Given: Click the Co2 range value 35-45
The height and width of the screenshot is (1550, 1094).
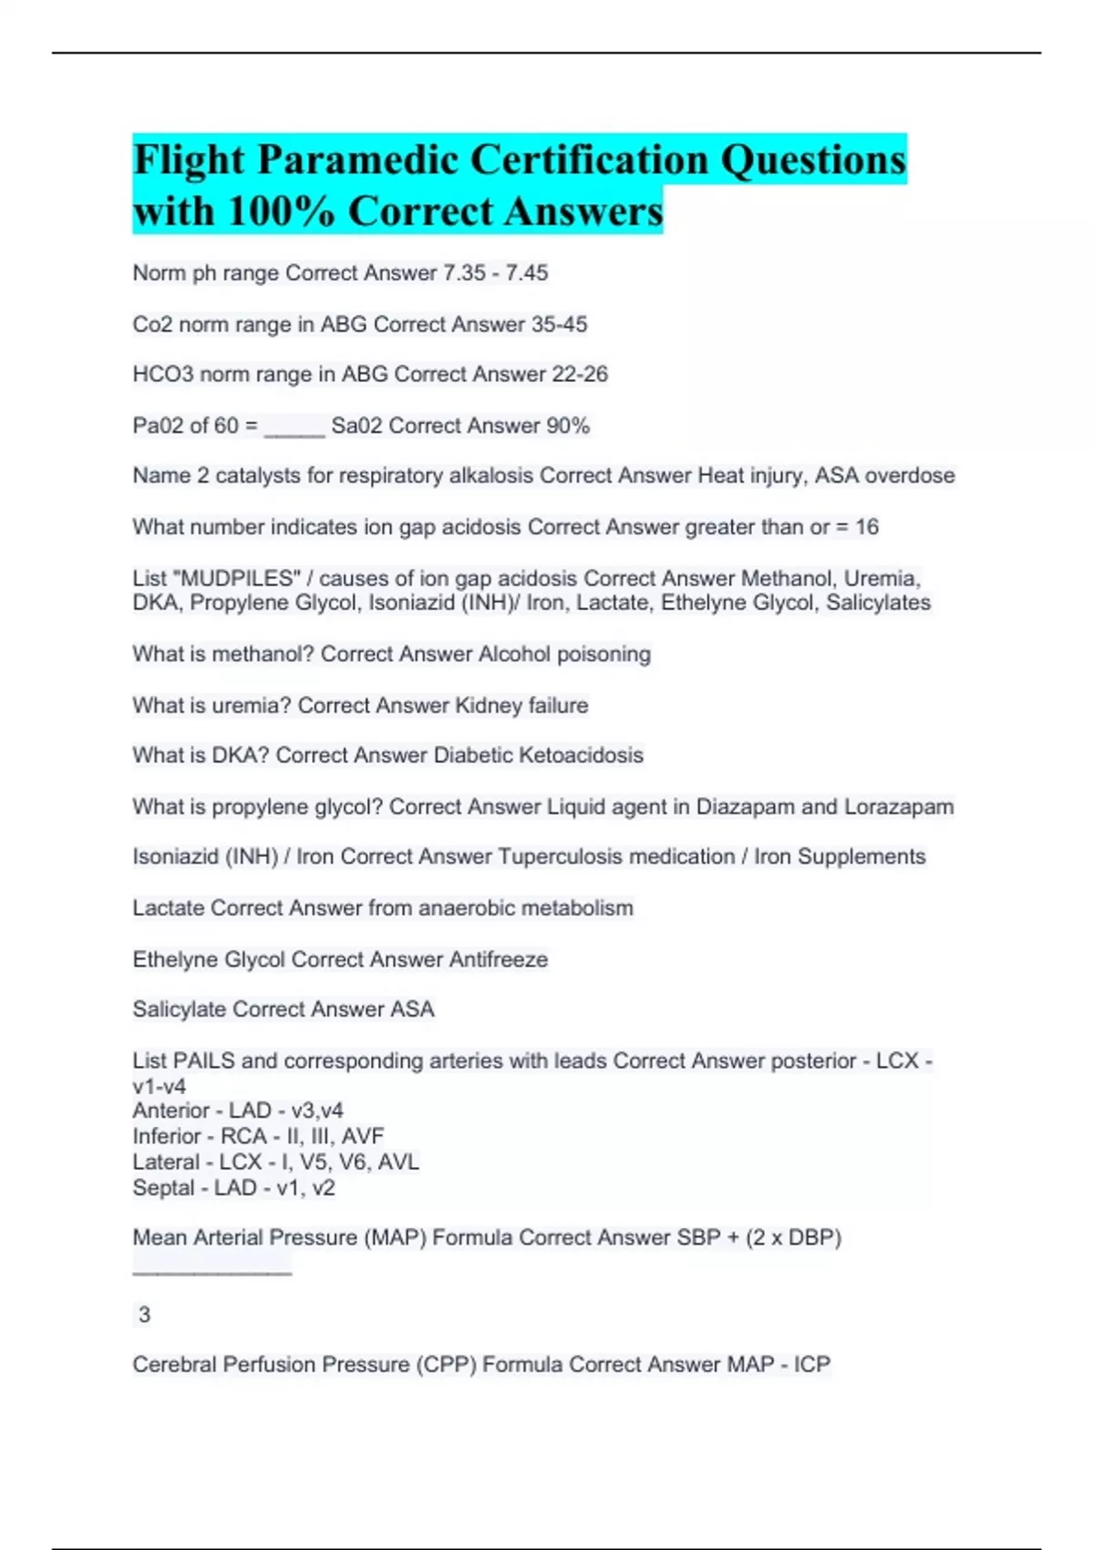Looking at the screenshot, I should [559, 325].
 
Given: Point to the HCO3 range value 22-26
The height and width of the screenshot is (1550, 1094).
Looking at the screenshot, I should [580, 375].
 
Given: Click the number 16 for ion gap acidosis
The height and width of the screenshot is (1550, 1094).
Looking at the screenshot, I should [867, 527].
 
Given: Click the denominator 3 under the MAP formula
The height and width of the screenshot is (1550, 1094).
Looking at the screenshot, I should [144, 1315].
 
